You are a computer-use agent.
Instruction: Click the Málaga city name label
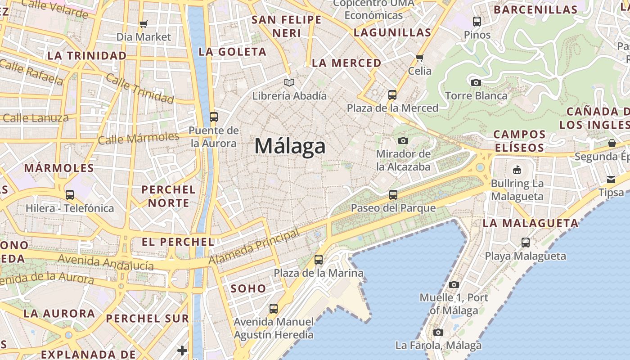[290, 146]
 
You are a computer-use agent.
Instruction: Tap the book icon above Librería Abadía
[289, 82]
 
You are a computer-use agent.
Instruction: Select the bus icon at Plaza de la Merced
[392, 94]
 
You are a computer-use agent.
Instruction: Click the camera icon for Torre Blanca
[476, 82]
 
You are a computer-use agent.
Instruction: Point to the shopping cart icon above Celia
[420, 58]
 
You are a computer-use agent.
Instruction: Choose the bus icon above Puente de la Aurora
[214, 117]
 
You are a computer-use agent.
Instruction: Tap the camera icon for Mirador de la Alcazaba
[403, 140]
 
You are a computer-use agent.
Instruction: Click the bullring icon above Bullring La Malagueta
[517, 170]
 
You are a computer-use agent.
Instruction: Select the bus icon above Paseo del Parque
[393, 194]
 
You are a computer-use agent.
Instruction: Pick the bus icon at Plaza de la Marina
[319, 259]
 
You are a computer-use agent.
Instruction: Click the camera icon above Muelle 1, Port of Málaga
[454, 284]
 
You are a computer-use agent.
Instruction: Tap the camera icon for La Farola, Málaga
[438, 332]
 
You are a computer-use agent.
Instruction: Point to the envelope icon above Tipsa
[611, 180]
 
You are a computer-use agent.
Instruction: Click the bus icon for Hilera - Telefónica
[70, 195]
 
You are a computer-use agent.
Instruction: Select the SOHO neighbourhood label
[248, 288]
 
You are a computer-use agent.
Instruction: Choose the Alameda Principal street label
[254, 247]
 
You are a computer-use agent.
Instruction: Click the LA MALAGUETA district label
[530, 223]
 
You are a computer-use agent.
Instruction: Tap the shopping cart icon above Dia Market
[144, 24]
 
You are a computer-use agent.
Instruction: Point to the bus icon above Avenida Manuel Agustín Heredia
[274, 309]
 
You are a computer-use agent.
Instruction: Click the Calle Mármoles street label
[138, 138]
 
